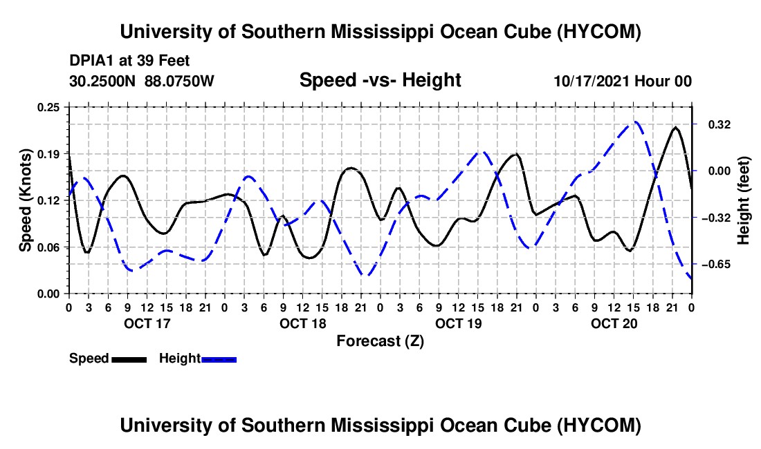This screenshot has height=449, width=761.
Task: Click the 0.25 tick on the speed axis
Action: point(48,107)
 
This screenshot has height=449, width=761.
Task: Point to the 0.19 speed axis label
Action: point(48,154)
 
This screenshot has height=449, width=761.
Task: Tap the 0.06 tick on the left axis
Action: point(48,247)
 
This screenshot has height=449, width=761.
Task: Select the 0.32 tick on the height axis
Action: point(719,125)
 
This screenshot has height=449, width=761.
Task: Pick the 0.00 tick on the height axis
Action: point(719,171)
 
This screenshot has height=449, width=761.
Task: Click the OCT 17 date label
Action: point(147,323)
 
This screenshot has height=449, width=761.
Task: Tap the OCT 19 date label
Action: point(458,323)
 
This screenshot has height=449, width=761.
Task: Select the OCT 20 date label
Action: point(614,323)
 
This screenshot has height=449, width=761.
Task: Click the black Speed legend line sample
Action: point(129,359)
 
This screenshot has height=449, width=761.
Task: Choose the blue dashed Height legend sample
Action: point(219,359)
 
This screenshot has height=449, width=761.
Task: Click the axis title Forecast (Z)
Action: point(380,341)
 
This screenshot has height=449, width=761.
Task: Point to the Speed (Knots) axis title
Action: point(25,200)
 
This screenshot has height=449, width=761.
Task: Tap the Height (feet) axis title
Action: point(743,200)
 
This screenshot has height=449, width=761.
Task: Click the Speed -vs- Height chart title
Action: point(380,80)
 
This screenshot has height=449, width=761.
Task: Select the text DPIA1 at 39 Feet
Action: point(129,61)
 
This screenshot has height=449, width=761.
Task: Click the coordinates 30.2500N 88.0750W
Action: point(142,81)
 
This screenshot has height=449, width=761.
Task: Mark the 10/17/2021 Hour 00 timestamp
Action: point(623,81)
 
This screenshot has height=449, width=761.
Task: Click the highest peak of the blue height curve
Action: point(635,122)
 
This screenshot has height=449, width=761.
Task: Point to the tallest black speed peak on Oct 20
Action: point(675,127)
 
